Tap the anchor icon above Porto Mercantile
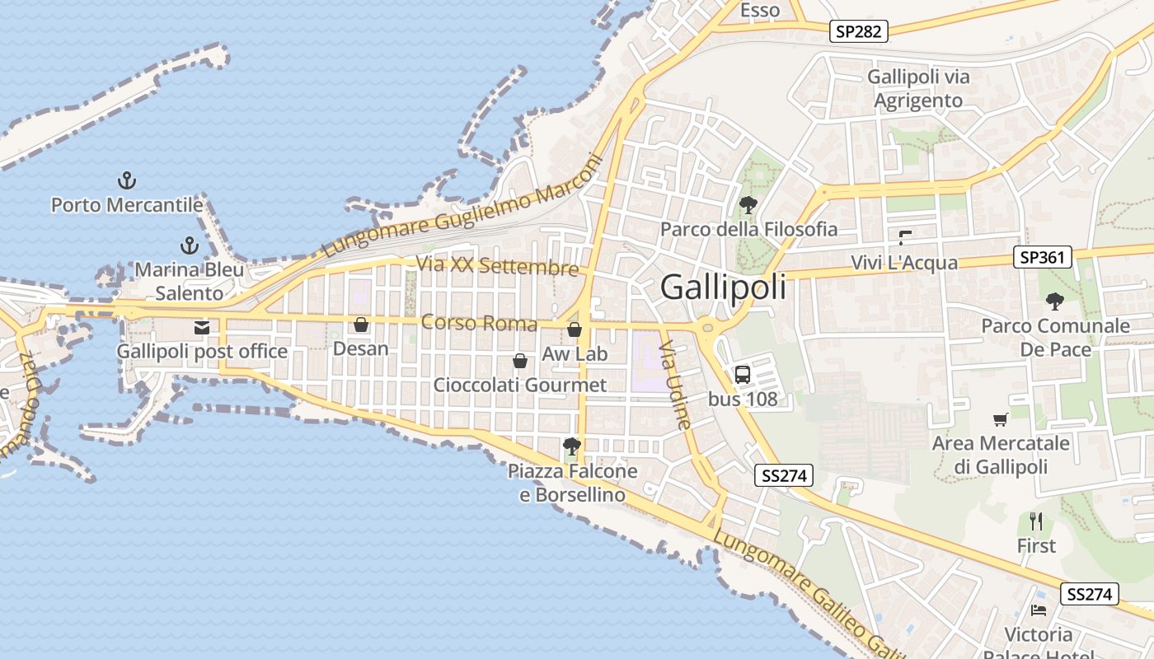(127, 180)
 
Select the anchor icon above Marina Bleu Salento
(190, 245)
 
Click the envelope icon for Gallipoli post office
(202, 328)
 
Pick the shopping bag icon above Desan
(360, 325)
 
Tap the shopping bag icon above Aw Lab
(575, 330)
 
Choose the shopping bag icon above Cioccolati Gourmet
(520, 361)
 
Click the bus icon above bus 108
(742, 375)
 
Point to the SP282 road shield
(859, 32)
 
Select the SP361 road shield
(1042, 258)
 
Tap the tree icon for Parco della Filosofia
(748, 205)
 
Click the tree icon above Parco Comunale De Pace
(1054, 301)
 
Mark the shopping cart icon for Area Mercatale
(1001, 420)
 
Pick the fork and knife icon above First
(1036, 521)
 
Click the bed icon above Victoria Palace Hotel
(1039, 610)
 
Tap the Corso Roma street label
(479, 323)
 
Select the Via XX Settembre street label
(497, 266)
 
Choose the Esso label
(760, 11)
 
